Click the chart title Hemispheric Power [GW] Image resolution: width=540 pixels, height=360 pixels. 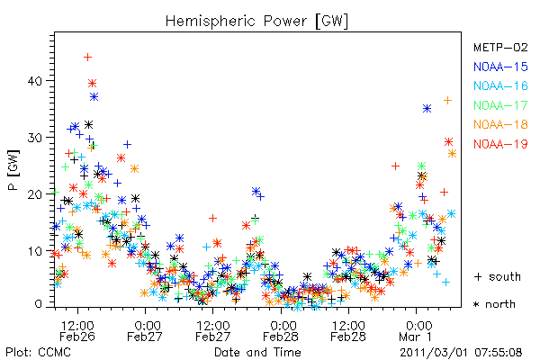[x=256, y=22]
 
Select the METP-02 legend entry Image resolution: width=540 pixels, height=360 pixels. [x=500, y=47]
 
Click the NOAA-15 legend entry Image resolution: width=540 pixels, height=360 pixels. [x=500, y=67]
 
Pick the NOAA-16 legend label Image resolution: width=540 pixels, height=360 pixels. [x=500, y=85]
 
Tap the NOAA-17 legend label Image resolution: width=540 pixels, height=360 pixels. [x=500, y=105]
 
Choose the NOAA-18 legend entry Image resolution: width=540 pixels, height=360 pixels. [x=500, y=124]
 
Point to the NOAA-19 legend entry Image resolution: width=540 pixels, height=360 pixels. [x=500, y=144]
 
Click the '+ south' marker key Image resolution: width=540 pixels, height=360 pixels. [x=498, y=276]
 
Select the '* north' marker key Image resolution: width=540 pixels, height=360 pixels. [x=494, y=304]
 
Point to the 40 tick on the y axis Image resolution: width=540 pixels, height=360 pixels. [x=35, y=81]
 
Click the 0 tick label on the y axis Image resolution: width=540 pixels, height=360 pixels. [x=38, y=304]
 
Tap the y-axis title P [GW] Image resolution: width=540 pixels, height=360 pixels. [x=13, y=170]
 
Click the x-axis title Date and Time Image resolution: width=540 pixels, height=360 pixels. [x=257, y=353]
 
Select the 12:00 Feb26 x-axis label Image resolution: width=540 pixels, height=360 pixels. [x=77, y=331]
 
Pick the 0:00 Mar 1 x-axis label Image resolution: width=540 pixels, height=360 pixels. [x=418, y=331]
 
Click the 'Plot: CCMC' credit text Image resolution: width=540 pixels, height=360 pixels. [x=38, y=353]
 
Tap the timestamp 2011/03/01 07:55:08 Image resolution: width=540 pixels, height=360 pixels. [x=461, y=353]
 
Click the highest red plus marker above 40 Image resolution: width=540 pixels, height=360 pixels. [x=88, y=57]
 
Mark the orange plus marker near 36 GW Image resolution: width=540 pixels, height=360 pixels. [x=447, y=100]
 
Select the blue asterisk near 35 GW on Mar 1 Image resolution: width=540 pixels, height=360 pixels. [x=427, y=109]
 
